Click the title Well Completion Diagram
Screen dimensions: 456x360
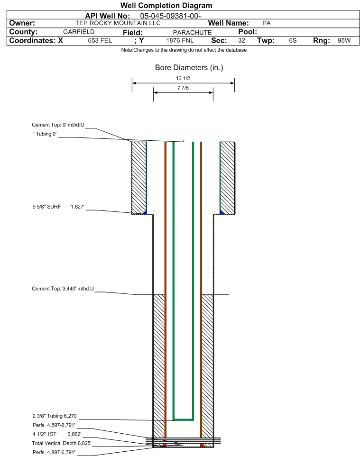click(166, 6)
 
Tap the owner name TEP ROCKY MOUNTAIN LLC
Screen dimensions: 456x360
click(118, 23)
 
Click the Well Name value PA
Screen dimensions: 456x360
click(266, 23)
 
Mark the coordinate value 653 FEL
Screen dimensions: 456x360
click(100, 41)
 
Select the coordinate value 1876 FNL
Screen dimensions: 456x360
click(180, 41)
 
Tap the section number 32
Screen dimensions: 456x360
click(241, 41)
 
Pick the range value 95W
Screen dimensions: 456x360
click(344, 41)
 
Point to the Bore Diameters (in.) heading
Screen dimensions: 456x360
click(189, 68)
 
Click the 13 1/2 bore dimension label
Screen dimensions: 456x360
click(183, 78)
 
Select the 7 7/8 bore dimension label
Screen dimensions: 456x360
click(183, 88)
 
